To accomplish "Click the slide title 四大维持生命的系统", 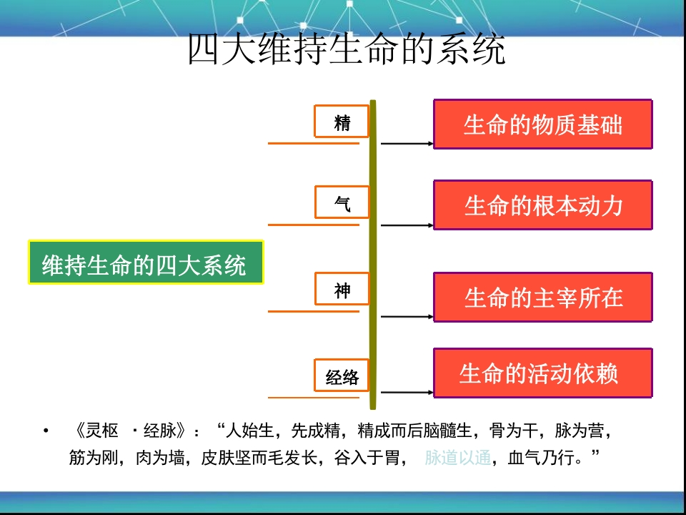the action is click(x=347, y=49).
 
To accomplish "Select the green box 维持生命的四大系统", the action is click(x=146, y=262).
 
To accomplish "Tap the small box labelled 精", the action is click(x=342, y=122).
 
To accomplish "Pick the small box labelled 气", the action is click(x=342, y=202).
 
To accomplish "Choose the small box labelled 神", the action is click(x=342, y=288).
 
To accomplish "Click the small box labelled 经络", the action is click(x=342, y=376).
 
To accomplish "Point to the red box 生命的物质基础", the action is click(x=543, y=124).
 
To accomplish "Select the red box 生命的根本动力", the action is click(x=543, y=205).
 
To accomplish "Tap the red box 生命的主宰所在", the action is click(x=543, y=298).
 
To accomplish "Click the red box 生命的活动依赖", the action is click(x=543, y=373).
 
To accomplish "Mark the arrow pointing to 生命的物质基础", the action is click(x=407, y=143).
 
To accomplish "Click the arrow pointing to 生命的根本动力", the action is click(x=407, y=225).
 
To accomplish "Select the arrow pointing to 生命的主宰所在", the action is click(x=407, y=316).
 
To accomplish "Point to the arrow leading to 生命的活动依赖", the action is click(x=407, y=393).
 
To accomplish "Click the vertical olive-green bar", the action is click(x=373, y=255).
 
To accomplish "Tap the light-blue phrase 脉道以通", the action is click(x=457, y=458).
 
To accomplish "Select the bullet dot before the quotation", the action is click(x=46, y=431).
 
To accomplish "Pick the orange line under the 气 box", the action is click(x=314, y=225).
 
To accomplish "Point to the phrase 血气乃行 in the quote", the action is click(x=541, y=458).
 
